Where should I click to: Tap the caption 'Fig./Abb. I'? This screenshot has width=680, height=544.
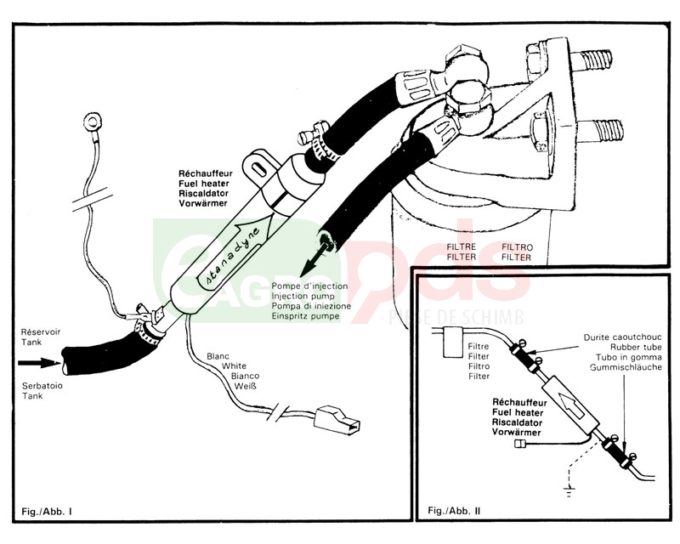click(x=48, y=512)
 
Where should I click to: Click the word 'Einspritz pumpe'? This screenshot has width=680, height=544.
click(x=307, y=316)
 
